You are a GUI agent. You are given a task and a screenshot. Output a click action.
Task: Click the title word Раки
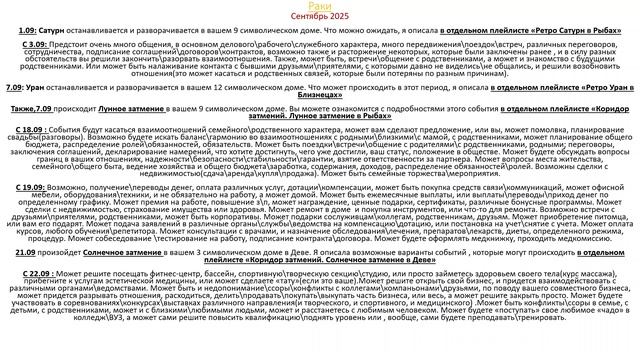coord(320,7)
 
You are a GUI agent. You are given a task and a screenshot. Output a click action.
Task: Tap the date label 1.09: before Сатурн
coord(27,32)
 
